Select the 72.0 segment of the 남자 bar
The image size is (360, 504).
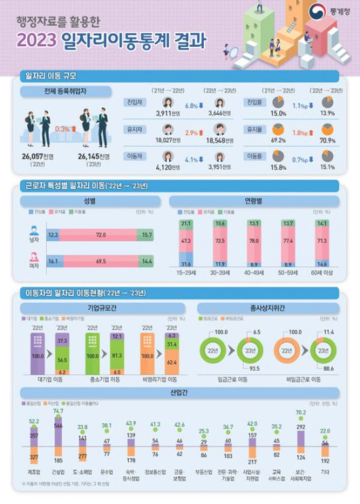[102, 234]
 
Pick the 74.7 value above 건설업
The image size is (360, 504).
[58, 412]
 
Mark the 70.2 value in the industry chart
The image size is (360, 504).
[300, 412]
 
